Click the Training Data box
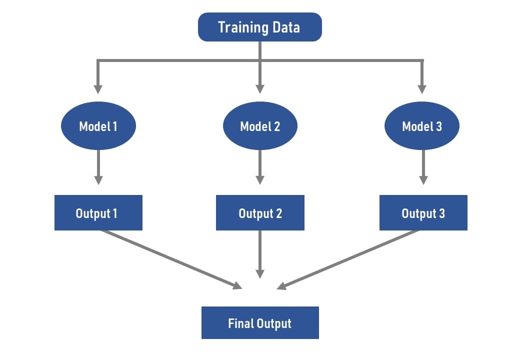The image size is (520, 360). click(x=259, y=27)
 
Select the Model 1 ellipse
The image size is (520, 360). click(x=98, y=126)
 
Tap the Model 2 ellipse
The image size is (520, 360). click(x=260, y=126)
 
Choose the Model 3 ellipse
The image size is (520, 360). click(x=422, y=126)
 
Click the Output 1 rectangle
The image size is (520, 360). click(x=98, y=213)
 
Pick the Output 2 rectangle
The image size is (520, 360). click(x=260, y=213)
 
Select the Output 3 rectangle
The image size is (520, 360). click(x=423, y=213)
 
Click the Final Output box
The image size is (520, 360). click(x=259, y=323)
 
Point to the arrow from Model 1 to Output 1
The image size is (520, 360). click(x=98, y=167)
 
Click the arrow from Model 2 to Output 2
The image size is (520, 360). click(x=259, y=167)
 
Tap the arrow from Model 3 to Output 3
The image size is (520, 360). click(x=423, y=167)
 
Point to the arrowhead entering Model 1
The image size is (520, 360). click(x=98, y=89)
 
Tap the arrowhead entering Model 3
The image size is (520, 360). click(x=422, y=89)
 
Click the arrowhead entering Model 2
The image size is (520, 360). click(x=259, y=89)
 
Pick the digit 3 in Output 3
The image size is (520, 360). click(x=441, y=213)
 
